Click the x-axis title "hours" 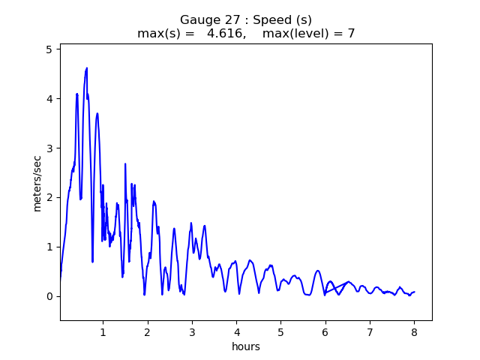click(x=246, y=346)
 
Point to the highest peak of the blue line click(x=87, y=67)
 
